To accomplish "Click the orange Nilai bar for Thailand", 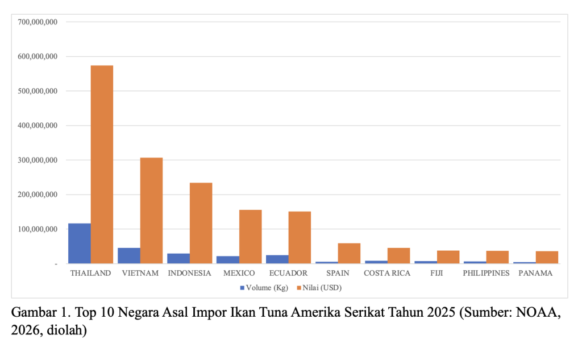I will pos(102,164).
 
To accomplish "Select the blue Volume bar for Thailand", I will pos(80,243).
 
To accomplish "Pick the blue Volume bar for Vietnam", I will pos(129,256).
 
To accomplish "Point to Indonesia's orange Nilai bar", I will pos(201,223).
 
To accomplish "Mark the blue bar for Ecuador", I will pos(277,259).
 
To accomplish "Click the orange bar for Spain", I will pos(349,254).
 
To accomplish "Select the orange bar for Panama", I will pos(547,257).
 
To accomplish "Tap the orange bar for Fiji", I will pos(448,257).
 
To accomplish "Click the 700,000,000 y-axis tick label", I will pos(38,22).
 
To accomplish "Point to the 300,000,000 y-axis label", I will pos(38,160).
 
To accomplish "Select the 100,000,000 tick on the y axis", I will pos(38,229).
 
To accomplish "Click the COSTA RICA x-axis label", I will pos(387,274).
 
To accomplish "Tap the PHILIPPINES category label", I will pos(486,274).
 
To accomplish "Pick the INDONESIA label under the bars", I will pos(189,274).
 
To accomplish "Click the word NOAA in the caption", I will pos(540,313).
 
